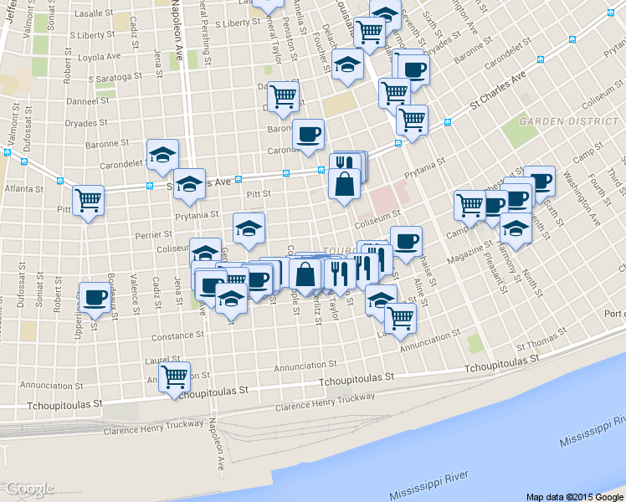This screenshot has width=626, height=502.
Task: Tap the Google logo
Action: tap(29, 489)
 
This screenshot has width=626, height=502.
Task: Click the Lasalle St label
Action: tap(95, 14)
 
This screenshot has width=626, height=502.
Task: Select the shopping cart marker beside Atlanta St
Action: tap(88, 201)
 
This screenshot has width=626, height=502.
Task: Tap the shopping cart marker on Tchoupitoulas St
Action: tap(174, 377)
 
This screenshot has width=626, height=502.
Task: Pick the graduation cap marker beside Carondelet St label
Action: tap(162, 154)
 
